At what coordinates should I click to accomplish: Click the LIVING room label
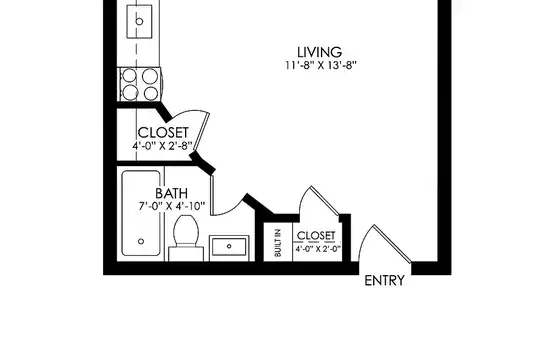pyautogui.click(x=320, y=52)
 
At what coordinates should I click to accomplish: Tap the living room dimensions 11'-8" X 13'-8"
pyautogui.click(x=320, y=65)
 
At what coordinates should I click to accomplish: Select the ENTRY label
pyautogui.click(x=384, y=281)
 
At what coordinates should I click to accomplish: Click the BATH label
pyautogui.click(x=172, y=193)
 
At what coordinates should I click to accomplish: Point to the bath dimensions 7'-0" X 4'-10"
pyautogui.click(x=172, y=206)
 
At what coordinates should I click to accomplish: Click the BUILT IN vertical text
pyautogui.click(x=278, y=243)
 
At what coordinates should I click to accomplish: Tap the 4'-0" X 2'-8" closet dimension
pyautogui.click(x=162, y=146)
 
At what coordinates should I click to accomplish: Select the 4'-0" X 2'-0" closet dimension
pyautogui.click(x=318, y=249)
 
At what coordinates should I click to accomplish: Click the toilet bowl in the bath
pyautogui.click(x=186, y=230)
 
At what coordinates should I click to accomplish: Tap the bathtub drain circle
pyautogui.click(x=141, y=241)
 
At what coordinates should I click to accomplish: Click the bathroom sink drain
pyautogui.click(x=229, y=246)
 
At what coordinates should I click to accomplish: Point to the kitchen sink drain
pyautogui.click(x=139, y=21)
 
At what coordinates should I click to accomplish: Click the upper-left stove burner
pyautogui.click(x=129, y=76)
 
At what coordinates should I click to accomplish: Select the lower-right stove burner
pyautogui.click(x=151, y=93)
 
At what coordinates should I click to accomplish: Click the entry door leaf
pyautogui.click(x=392, y=243)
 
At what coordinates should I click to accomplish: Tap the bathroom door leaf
pyautogui.click(x=212, y=195)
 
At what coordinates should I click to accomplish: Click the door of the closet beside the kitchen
pyautogui.click(x=201, y=132)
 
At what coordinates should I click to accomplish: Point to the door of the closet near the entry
pyautogui.click(x=325, y=201)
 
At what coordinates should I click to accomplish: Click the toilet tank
pyautogui.click(x=186, y=254)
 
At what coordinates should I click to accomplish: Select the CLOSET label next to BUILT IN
pyautogui.click(x=316, y=236)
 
